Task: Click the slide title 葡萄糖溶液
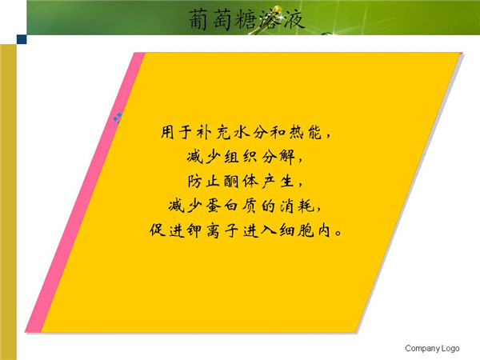coord(246,19)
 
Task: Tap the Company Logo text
coord(432,348)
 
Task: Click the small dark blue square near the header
coord(22,39)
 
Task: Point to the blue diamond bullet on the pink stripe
coord(118,118)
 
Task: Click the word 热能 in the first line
coord(306,132)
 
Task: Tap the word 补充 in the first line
coord(213,132)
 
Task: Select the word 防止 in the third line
coord(203,182)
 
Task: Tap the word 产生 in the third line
coord(278,182)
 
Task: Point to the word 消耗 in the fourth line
coord(297,206)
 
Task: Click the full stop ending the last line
coord(338,233)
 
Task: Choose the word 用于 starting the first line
coord(176,132)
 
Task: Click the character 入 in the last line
coord(269,230)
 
